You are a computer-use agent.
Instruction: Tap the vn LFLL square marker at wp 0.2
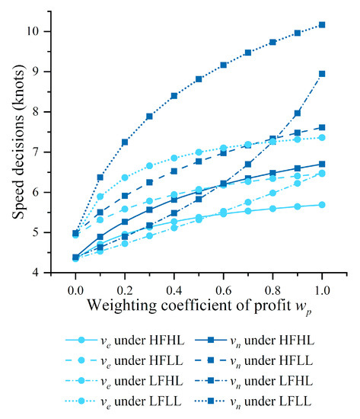click(125, 142)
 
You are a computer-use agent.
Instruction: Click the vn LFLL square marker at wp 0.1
click(100, 178)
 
